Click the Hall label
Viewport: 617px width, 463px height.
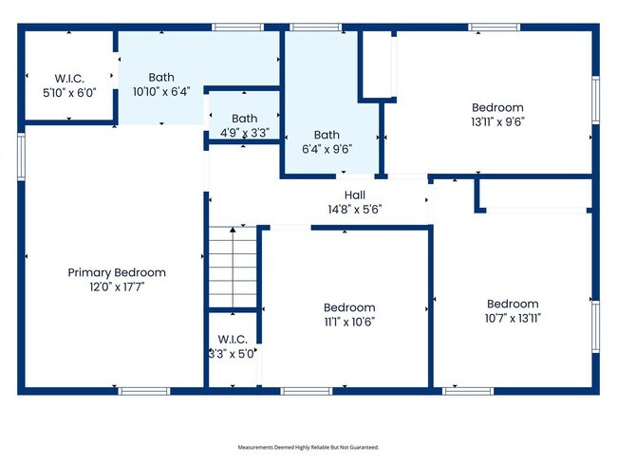[355, 194]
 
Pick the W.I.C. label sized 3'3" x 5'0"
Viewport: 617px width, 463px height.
[232, 339]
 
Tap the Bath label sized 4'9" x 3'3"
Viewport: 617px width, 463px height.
[244, 120]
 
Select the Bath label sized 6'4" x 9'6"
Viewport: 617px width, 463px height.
[327, 135]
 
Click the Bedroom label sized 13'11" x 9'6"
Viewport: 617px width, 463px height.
[497, 107]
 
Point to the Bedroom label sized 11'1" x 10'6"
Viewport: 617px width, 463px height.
[349, 307]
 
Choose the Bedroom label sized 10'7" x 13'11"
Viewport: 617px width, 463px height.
[513, 304]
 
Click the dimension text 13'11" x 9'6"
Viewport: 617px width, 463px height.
[497, 120]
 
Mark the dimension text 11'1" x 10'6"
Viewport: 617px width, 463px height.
[349, 321]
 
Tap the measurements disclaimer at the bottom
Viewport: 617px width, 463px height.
[308, 446]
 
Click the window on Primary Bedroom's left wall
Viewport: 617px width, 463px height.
[20, 157]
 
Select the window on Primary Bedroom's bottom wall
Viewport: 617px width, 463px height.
[144, 390]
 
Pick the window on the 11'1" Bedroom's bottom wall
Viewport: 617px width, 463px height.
[307, 390]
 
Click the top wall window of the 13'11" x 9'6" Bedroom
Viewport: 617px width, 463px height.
[495, 27]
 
